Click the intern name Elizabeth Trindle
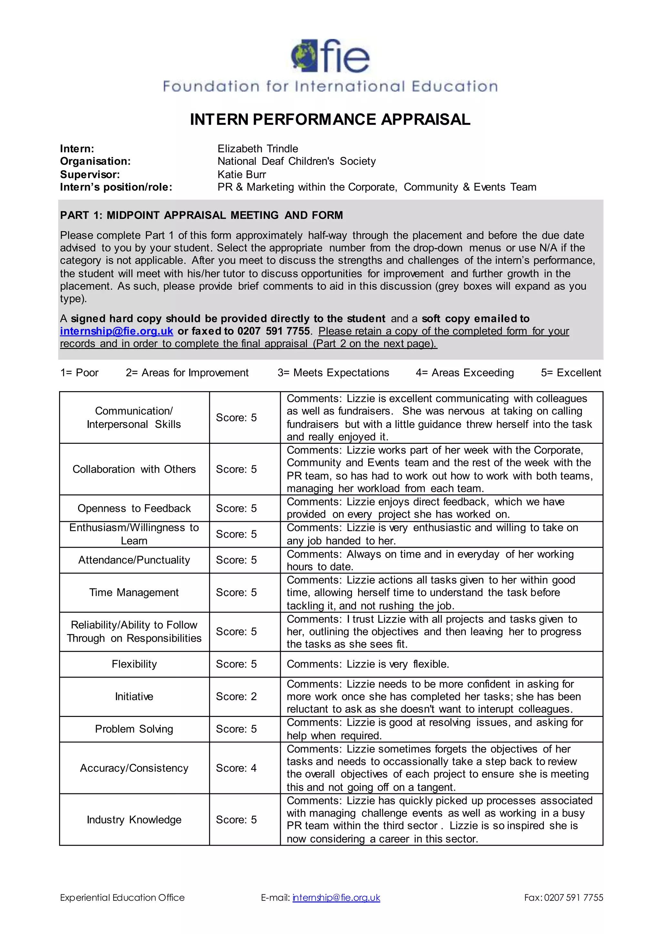pos(257,148)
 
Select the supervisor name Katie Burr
pos(241,174)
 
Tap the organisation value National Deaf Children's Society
pos(296,162)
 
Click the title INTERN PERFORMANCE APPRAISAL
pos(330,120)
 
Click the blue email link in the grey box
pos(117,331)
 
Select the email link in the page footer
pos(336,897)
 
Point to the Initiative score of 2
pos(236,696)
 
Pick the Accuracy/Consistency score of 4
pos(236,768)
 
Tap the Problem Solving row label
pos(134,729)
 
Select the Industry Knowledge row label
pos(134,820)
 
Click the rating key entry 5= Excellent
pos(571,373)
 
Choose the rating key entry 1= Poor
pos(79,373)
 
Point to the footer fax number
pos(563,897)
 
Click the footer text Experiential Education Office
pos(122,897)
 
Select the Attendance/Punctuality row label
pos(134,560)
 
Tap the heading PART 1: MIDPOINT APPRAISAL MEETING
pos(201,215)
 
